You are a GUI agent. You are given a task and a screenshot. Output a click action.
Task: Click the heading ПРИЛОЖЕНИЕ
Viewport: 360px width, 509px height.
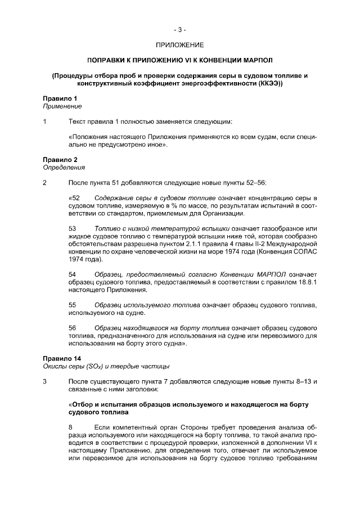(180, 44)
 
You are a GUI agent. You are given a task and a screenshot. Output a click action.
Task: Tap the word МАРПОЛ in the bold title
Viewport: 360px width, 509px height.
(258, 60)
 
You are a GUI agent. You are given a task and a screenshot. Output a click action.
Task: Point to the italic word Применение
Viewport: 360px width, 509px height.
(62, 106)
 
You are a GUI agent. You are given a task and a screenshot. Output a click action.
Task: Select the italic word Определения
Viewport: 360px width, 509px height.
(64, 168)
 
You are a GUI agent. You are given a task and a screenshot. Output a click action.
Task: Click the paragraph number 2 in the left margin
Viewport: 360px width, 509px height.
(45, 183)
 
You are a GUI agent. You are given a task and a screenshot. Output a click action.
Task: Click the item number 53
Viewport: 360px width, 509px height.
(73, 229)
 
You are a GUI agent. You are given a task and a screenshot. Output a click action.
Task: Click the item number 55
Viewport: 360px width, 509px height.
(73, 305)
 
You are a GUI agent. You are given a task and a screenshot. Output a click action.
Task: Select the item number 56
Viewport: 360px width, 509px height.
(73, 328)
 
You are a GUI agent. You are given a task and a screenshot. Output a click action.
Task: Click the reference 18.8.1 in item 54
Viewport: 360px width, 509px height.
(306, 282)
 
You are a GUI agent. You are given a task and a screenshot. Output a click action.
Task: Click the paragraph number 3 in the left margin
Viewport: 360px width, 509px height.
(45, 381)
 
